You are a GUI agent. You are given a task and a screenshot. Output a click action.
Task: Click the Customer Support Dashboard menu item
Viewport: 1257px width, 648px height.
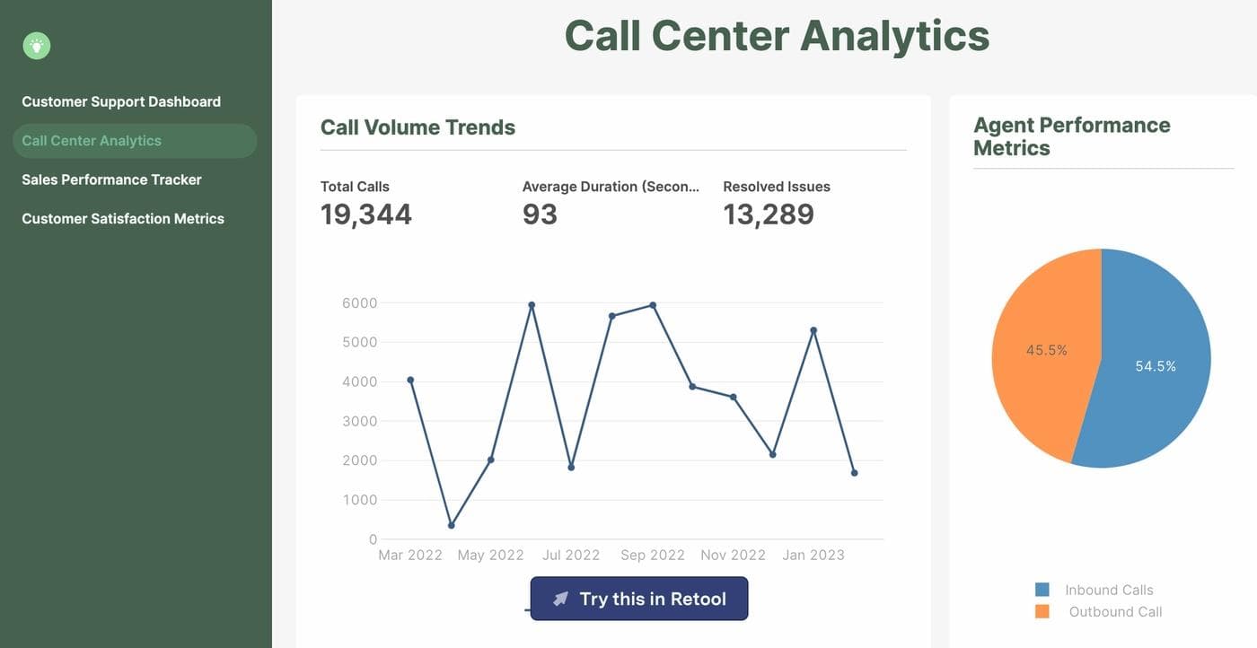tap(121, 101)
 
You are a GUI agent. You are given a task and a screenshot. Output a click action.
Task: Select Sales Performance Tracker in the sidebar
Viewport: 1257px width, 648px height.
tap(111, 180)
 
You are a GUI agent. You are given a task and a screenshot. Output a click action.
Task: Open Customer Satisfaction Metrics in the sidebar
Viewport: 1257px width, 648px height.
tap(123, 218)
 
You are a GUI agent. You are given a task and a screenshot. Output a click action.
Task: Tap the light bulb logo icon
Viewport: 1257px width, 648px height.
tap(37, 45)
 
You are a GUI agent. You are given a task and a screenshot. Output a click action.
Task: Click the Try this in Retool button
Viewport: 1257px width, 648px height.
tap(638, 599)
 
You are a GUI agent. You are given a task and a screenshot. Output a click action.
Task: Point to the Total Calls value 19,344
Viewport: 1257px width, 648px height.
tap(366, 215)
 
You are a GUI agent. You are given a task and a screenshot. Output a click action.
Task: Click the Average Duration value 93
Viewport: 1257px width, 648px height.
tap(540, 215)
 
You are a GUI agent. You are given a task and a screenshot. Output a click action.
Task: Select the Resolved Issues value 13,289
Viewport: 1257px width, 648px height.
tap(769, 215)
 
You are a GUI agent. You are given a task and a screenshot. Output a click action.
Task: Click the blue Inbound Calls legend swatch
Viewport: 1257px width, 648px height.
tap(1042, 590)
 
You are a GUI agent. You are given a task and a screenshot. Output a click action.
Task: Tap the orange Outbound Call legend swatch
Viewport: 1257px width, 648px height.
tap(1042, 611)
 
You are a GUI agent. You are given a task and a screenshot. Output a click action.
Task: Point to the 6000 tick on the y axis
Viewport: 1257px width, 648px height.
tap(359, 303)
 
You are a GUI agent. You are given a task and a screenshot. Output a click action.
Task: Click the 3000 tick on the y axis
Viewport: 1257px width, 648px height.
tap(359, 421)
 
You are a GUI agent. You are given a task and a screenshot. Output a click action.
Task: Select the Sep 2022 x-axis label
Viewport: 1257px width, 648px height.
tap(653, 555)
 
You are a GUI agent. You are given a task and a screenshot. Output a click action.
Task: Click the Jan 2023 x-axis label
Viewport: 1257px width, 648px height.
tap(813, 555)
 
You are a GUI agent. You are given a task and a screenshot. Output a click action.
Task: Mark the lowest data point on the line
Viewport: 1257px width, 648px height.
tap(451, 525)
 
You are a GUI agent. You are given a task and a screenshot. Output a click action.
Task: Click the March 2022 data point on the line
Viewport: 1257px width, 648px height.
tap(410, 380)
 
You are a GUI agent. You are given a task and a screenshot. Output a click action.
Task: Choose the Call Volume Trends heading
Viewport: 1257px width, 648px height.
tap(418, 127)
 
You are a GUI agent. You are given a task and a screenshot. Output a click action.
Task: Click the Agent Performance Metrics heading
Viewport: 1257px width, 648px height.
tap(1071, 136)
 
